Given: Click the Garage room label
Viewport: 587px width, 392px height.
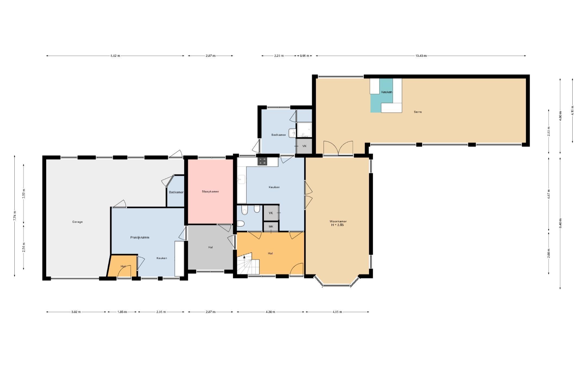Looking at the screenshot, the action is pyautogui.click(x=77, y=222).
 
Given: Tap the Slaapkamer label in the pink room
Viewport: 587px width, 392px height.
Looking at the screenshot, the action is pyautogui.click(x=210, y=192).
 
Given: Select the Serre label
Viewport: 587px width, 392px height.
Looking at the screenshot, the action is pyautogui.click(x=418, y=112).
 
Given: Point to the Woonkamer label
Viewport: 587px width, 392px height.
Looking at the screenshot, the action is pyautogui.click(x=338, y=221).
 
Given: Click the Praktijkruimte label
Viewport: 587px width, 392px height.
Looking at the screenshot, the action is pyautogui.click(x=140, y=237).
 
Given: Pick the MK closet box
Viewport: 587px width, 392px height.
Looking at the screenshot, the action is pyautogui.click(x=271, y=226).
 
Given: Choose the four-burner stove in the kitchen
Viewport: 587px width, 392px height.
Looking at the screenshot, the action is pyautogui.click(x=262, y=161).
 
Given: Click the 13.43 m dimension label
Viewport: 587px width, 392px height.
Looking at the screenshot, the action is pyautogui.click(x=421, y=56).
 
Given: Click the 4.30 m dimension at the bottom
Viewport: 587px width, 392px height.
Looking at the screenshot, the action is pyautogui.click(x=270, y=312).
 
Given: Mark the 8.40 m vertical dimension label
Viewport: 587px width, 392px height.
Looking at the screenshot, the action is pyautogui.click(x=560, y=223).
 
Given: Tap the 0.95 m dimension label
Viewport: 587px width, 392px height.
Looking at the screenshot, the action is pyautogui.click(x=304, y=56).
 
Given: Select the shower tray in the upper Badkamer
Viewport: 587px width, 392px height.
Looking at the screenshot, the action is pyautogui.click(x=304, y=130).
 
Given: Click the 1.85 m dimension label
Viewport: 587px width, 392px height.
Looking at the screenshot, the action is pyautogui.click(x=122, y=312).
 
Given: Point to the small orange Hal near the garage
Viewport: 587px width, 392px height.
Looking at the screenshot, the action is pyautogui.click(x=122, y=266).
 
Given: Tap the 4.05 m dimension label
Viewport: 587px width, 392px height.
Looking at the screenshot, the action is pyautogui.click(x=337, y=312).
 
